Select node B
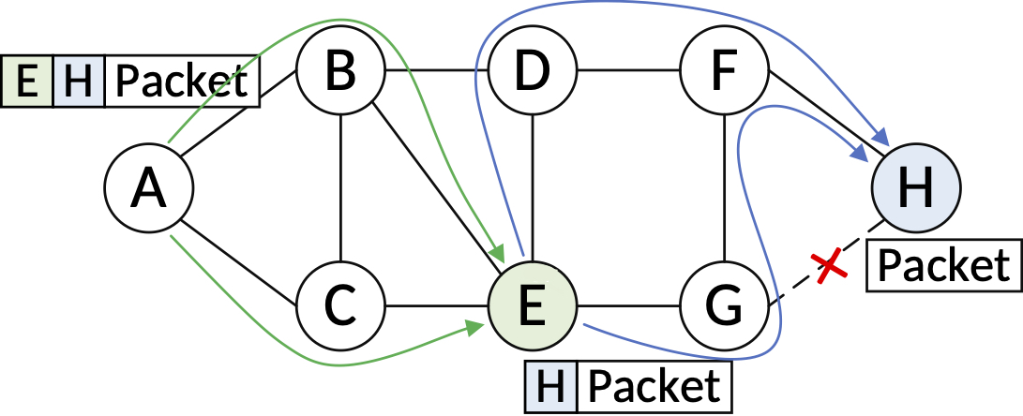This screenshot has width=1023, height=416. [341, 71]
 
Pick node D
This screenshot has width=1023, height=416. [533, 71]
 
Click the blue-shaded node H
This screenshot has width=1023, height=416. [915, 188]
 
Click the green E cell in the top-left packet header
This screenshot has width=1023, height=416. [28, 82]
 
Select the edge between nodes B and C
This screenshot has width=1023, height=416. [341, 187]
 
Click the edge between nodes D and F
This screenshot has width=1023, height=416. [628, 71]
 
